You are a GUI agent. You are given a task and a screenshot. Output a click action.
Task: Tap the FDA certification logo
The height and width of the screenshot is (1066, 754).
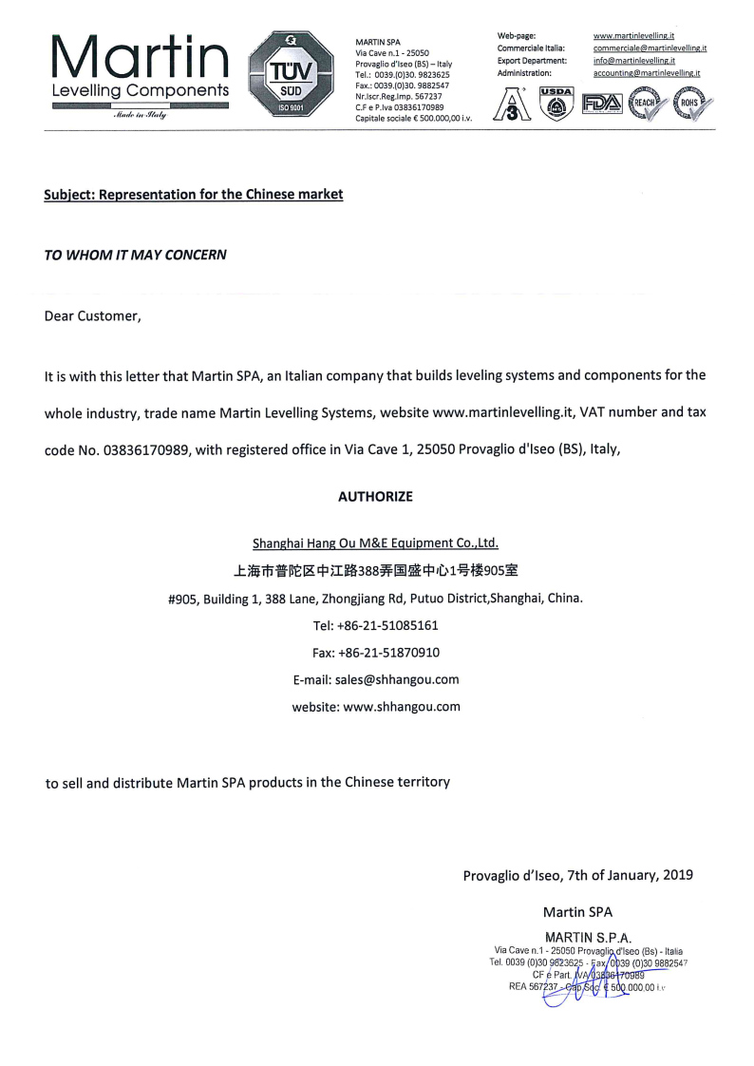tap(601, 103)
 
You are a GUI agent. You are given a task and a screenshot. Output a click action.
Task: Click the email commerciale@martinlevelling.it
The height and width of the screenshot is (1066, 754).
tap(649, 48)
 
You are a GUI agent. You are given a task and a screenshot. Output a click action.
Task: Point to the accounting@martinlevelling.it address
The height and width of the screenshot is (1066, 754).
tap(647, 73)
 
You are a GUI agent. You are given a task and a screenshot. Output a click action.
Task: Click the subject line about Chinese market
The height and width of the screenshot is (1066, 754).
tap(194, 195)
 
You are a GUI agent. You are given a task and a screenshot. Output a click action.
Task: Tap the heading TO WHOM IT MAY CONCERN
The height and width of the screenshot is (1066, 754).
tap(136, 256)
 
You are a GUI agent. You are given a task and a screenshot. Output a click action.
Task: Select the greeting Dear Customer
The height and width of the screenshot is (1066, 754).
tap(93, 316)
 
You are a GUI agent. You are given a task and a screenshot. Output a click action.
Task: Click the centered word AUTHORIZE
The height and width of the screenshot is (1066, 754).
tap(375, 497)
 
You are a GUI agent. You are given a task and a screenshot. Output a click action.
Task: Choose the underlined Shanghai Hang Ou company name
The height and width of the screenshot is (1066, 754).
tap(375, 543)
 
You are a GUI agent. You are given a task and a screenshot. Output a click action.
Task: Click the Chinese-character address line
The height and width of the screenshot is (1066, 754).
tap(375, 571)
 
